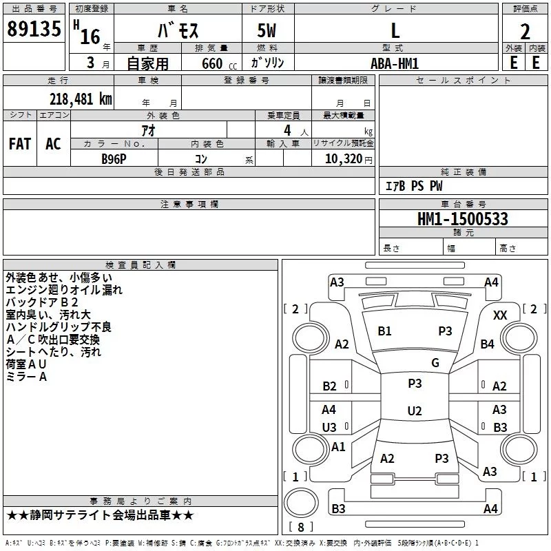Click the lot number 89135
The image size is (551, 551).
[x=34, y=28]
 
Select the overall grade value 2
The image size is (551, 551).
[x=525, y=32]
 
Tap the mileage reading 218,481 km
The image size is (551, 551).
[x=81, y=99]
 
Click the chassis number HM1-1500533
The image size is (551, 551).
[x=463, y=218]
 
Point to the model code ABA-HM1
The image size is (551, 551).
[x=395, y=63]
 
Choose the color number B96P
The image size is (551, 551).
[x=114, y=159]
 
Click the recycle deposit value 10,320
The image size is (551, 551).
[x=344, y=158]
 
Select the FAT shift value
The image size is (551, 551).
[x=20, y=144]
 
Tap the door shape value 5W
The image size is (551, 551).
[x=267, y=30]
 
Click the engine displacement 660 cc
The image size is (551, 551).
[x=219, y=64]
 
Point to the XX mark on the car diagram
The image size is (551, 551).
[x=500, y=315]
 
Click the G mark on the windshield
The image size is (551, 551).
[x=435, y=363]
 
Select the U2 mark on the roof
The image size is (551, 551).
[x=415, y=410]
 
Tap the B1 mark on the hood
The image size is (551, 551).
[x=384, y=331]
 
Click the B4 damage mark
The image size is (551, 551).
[x=488, y=344]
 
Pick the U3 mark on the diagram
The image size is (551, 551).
[x=329, y=427]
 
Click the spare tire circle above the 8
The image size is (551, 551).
[x=301, y=502]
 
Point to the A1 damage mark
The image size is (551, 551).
[x=338, y=446]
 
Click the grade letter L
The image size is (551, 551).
[x=395, y=30]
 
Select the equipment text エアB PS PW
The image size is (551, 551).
[x=414, y=185]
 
